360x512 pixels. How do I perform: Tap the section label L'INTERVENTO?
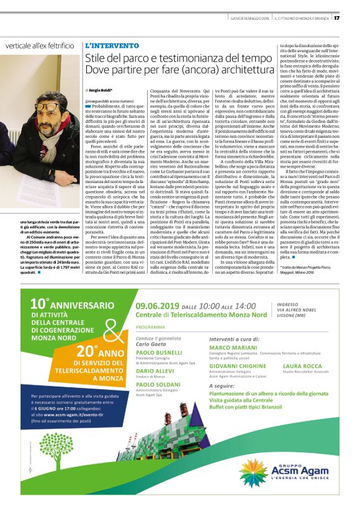tap(112, 46)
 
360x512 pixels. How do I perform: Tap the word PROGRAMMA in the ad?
tap(150, 326)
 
